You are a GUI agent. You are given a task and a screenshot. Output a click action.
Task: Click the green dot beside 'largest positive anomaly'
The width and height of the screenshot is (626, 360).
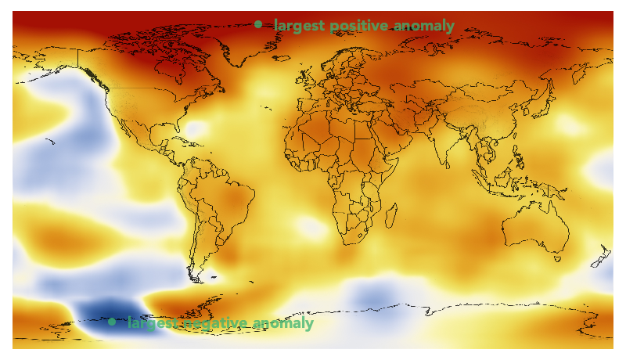click(258, 24)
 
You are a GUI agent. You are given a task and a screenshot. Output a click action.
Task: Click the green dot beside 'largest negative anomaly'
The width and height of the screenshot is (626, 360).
click(112, 322)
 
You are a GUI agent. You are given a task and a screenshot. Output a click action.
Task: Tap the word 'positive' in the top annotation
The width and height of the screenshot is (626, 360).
click(359, 26)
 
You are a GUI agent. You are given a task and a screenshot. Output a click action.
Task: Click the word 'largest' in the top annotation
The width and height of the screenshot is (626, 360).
click(300, 26)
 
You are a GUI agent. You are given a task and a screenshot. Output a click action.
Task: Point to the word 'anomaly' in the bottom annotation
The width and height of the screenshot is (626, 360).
click(284, 323)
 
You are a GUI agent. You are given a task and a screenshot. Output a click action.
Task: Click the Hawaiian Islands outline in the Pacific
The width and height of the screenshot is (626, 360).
click(50, 142)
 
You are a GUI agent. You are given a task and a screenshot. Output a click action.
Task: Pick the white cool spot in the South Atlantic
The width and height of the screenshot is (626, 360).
click(311, 228)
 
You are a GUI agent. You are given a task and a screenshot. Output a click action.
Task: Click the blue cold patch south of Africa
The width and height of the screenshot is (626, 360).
click(372, 298)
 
